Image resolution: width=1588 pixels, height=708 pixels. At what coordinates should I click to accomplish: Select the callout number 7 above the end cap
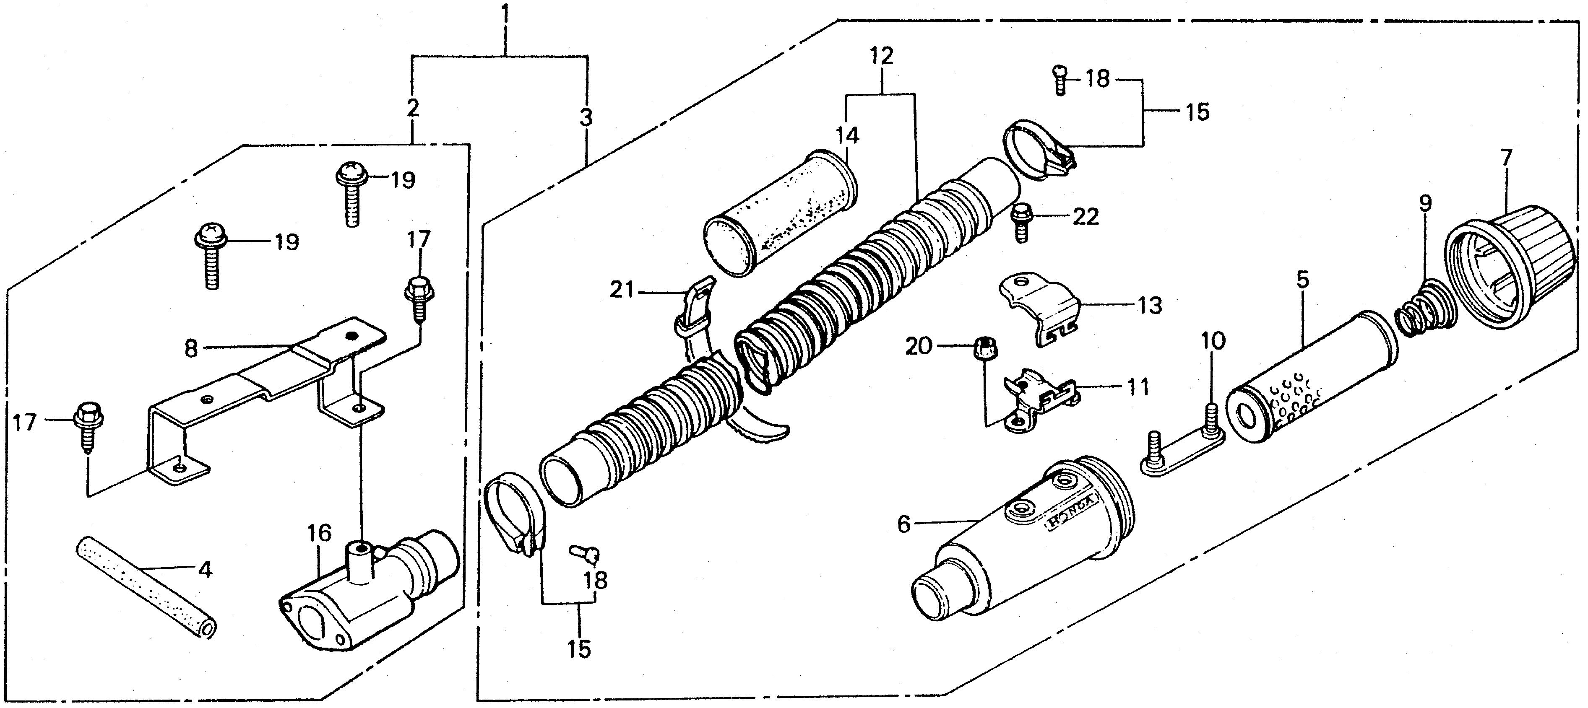[x=1506, y=158]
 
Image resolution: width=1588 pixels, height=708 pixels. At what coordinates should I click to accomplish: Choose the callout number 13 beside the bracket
[x=1149, y=306]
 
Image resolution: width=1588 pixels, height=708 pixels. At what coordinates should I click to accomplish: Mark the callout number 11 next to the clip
[x=1138, y=388]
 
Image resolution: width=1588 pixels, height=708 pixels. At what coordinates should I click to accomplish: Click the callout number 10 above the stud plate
[x=1213, y=340]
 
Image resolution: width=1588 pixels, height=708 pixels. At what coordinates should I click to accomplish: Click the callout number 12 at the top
[x=882, y=56]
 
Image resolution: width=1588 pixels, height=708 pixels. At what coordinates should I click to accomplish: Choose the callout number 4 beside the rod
[x=205, y=570]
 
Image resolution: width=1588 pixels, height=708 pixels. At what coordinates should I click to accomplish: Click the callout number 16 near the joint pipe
[x=320, y=533]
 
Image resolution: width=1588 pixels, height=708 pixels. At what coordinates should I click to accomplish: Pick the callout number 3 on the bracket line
[x=586, y=117]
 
